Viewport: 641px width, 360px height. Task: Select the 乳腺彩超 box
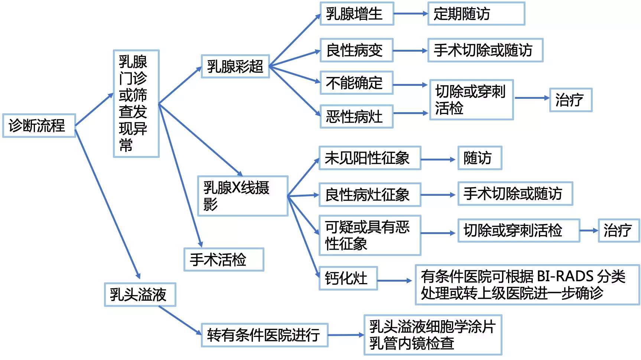click(235, 67)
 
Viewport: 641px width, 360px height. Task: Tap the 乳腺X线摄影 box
click(243, 196)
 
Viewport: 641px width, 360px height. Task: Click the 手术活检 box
click(224, 259)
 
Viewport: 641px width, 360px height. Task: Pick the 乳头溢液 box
click(140, 295)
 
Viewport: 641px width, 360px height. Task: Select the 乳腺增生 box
click(357, 14)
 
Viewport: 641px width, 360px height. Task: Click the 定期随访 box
click(476, 14)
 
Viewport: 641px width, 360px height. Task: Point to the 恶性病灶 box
click(356, 117)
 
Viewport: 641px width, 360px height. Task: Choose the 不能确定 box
click(356, 83)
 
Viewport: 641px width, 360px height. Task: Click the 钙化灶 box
click(348, 278)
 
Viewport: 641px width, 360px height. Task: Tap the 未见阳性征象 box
click(370, 158)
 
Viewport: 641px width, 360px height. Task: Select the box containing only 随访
click(479, 158)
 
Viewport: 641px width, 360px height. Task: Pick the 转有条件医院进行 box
click(264, 335)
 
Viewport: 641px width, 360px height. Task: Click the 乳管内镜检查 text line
click(411, 343)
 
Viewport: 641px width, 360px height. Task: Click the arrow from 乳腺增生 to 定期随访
click(410, 14)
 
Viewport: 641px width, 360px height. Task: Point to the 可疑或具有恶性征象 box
click(370, 235)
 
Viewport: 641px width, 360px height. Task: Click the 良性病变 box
click(356, 50)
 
